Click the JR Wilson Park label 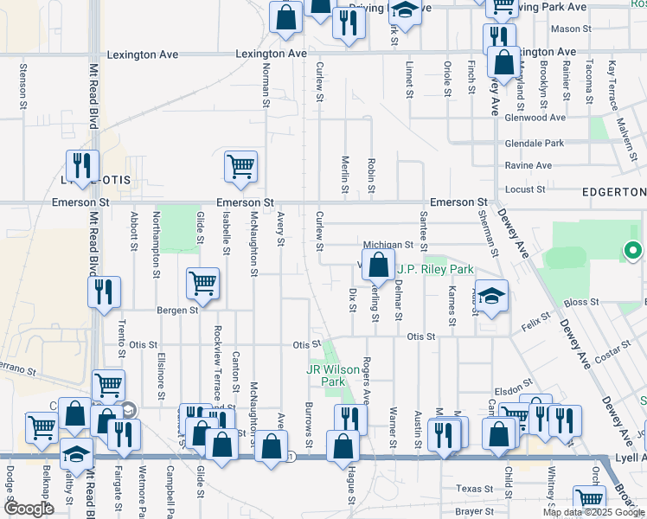click(x=321, y=375)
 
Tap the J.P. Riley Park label click(x=434, y=269)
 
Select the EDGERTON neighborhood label click(x=613, y=192)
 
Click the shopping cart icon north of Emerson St click(x=240, y=166)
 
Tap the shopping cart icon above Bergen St click(x=202, y=281)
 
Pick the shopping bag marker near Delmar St click(x=378, y=266)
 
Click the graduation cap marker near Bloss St click(x=490, y=298)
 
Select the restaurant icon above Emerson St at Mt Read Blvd click(x=82, y=165)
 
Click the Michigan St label click(x=390, y=246)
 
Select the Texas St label click(x=475, y=489)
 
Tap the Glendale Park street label click(x=535, y=143)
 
